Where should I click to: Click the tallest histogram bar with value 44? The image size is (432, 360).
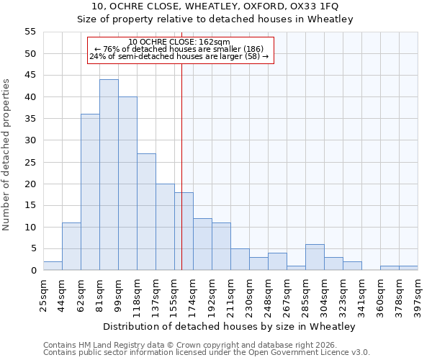[x=109, y=175]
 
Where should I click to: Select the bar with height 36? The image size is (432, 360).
[x=90, y=192]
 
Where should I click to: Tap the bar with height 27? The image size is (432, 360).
[x=146, y=212]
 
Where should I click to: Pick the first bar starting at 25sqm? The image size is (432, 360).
[x=53, y=266]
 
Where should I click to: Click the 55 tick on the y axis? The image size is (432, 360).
[x=30, y=32]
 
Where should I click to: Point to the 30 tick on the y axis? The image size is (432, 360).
[x=30, y=140]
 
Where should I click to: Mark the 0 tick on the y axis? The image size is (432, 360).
[x=33, y=271]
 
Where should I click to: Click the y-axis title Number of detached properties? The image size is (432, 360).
[x=7, y=155]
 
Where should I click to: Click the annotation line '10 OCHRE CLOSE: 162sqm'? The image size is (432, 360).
[x=179, y=42]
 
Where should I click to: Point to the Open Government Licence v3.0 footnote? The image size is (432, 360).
[x=207, y=353]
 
